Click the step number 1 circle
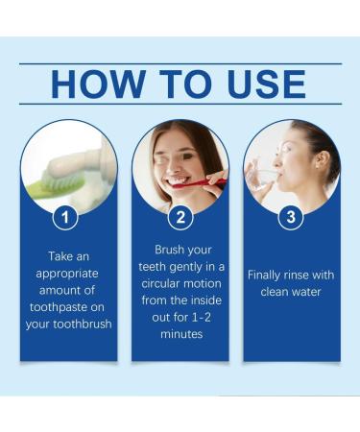click(65, 218)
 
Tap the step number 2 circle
click(180, 218)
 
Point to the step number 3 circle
click(292, 218)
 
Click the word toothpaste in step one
click(69, 307)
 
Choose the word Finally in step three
click(266, 275)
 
